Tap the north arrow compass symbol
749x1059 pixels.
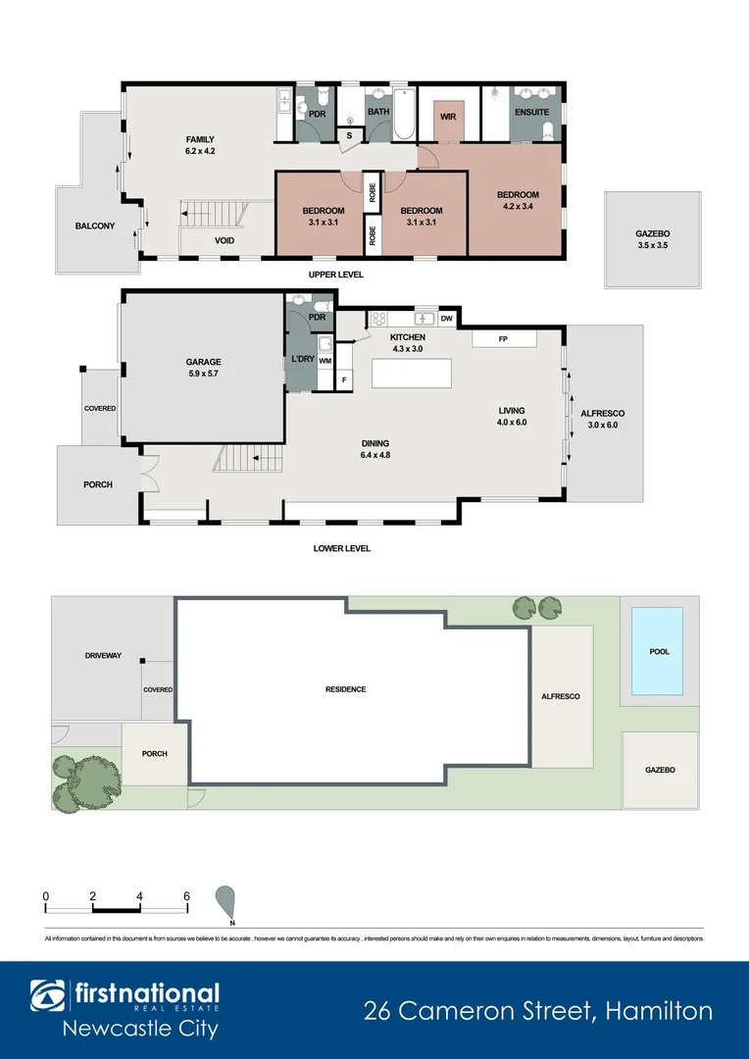click(x=227, y=900)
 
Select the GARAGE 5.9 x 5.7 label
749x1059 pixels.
click(x=203, y=368)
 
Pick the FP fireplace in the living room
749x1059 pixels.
click(x=504, y=338)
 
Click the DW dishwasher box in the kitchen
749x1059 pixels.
click(x=446, y=319)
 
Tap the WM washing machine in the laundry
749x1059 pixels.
click(x=325, y=361)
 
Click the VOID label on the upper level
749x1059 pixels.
click(x=225, y=240)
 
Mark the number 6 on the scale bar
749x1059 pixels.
click(x=186, y=896)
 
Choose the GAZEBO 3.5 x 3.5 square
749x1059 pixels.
click(x=652, y=240)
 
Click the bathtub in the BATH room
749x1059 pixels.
click(x=405, y=103)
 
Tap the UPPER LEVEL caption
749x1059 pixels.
click(x=336, y=276)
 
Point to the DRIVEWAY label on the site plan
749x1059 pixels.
click(x=103, y=655)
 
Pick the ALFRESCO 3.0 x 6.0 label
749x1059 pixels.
click(x=604, y=419)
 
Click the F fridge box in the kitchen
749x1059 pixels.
click(x=344, y=378)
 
